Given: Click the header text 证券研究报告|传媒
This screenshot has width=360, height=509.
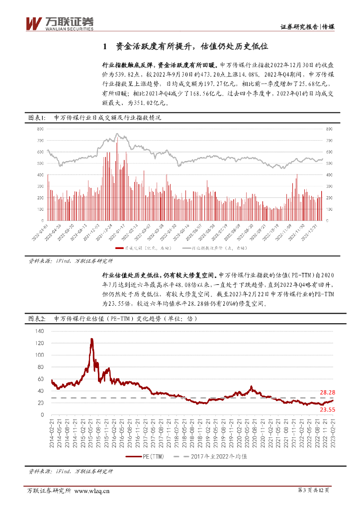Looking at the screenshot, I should click(307, 27).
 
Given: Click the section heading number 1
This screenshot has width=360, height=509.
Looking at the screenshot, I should click(104, 47).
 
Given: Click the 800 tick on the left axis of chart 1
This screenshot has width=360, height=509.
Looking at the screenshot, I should click(40, 129).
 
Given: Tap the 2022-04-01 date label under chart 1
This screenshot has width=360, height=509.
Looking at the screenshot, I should click(41, 234).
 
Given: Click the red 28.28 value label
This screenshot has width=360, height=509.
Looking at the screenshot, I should click(326, 393).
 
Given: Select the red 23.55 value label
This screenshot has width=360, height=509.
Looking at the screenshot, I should click(326, 410).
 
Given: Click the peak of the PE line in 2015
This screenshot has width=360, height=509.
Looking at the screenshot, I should click(91, 339).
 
